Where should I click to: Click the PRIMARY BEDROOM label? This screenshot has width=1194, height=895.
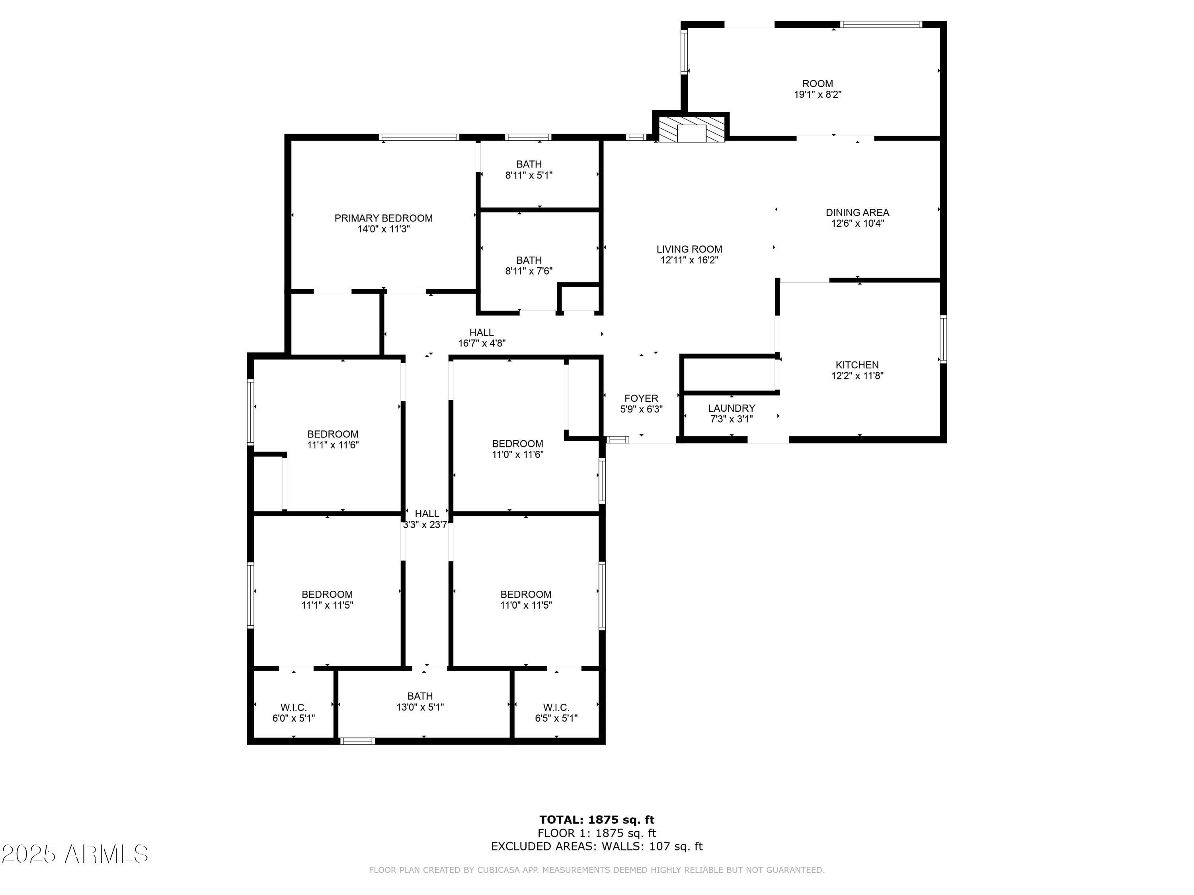pyautogui.click(x=383, y=218)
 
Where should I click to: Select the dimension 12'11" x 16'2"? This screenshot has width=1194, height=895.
pyautogui.click(x=689, y=260)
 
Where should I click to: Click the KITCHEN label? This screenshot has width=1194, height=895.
pyautogui.click(x=856, y=365)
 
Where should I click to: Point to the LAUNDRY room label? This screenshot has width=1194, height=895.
pyautogui.click(x=732, y=408)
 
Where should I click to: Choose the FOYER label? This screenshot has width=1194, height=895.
pyautogui.click(x=641, y=398)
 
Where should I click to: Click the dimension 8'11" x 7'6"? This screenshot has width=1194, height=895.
pyautogui.click(x=529, y=271)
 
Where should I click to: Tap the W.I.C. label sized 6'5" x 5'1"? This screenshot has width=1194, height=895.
pyautogui.click(x=556, y=707)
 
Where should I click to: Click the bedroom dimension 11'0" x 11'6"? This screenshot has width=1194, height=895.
pyautogui.click(x=517, y=455)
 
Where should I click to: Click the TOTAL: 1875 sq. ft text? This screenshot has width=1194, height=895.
pyautogui.click(x=597, y=820)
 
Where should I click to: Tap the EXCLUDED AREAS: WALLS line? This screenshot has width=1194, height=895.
pyautogui.click(x=597, y=846)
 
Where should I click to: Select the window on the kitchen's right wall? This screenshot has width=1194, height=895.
pyautogui.click(x=942, y=339)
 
